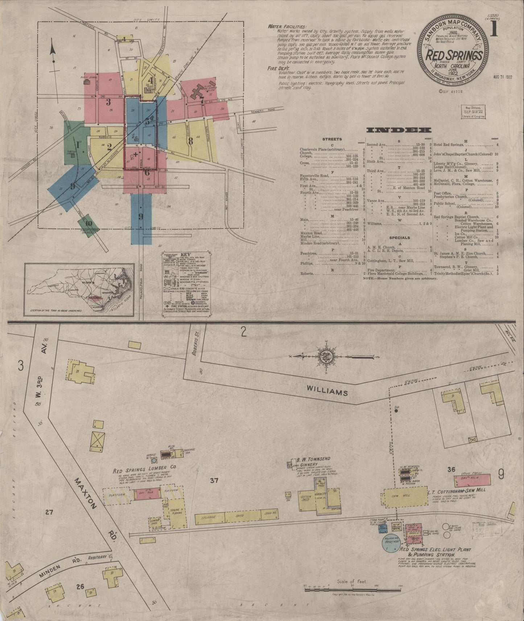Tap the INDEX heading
point(399,130)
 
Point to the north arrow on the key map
point(53,54)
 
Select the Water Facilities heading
point(287,27)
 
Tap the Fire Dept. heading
point(278,67)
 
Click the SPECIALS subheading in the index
point(399,238)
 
